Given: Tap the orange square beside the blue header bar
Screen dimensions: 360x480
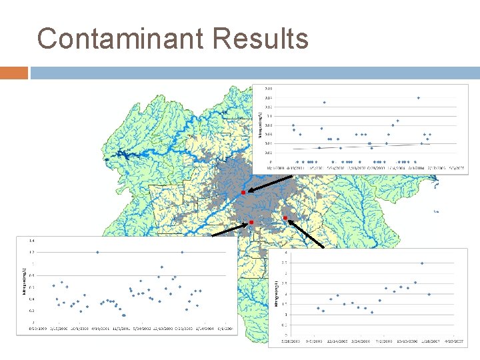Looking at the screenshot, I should click(14, 73).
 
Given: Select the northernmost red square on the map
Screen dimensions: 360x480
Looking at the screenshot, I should click(243, 192).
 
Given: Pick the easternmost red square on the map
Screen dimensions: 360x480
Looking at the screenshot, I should click(285, 218).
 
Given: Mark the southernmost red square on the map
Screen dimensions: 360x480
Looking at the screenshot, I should click(251, 222).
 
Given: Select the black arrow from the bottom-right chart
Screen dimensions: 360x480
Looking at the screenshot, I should click(307, 234).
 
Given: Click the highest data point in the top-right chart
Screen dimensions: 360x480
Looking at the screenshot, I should click(419, 98).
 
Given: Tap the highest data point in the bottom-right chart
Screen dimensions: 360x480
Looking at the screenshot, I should click(422, 263).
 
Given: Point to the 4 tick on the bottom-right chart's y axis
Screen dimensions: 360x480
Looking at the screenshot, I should click(287, 252).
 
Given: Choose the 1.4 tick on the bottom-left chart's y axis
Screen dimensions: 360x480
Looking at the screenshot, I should click(30, 240).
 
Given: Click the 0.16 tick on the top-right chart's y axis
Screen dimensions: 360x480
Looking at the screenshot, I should click(268, 88).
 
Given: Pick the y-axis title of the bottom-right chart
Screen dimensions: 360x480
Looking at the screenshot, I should click(276, 294).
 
